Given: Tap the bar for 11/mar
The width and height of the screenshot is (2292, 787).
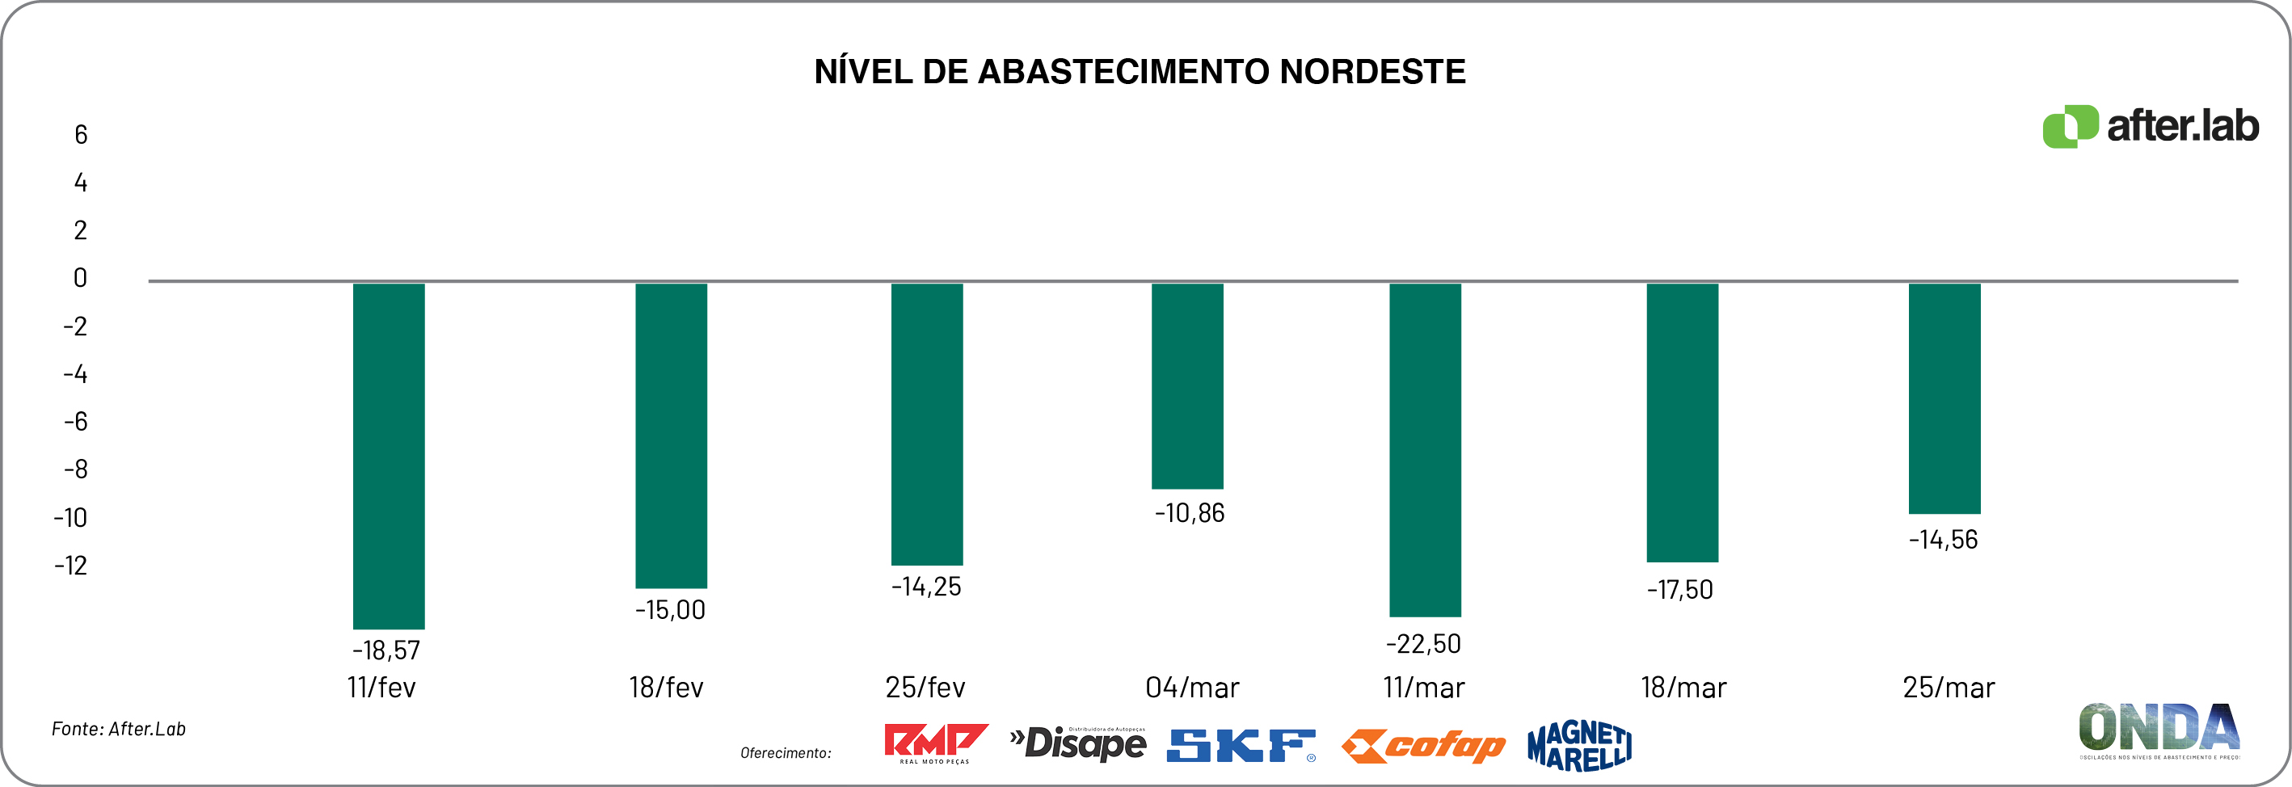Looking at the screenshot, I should point(1425,449).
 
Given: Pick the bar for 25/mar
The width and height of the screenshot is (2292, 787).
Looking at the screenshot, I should point(1944,398).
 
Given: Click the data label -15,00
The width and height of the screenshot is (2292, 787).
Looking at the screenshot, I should point(670,610).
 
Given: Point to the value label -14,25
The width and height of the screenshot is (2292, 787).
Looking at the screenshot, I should point(926,587).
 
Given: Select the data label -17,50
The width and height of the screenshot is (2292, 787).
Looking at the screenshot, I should point(1680,590).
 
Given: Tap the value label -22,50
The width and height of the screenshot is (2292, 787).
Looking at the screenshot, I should point(1423,644).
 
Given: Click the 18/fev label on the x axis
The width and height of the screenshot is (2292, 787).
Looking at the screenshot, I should point(667,688).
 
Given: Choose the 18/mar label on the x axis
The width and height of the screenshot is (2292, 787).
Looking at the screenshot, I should point(1683,688).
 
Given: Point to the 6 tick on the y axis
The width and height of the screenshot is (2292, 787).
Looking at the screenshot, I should point(81,135).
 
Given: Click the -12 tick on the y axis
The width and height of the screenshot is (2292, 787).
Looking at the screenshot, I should point(71,566).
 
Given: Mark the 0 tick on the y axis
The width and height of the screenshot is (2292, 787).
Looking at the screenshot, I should point(80,278).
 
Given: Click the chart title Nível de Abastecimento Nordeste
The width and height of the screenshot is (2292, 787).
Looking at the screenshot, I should point(1140,72).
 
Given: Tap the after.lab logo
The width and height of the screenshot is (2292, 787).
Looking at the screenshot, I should point(2150,126).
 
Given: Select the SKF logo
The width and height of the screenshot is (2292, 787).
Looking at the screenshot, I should point(1241,745).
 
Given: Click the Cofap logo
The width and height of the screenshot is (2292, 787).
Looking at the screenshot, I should point(1422,746).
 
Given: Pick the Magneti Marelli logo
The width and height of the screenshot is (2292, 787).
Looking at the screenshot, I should point(1579,745).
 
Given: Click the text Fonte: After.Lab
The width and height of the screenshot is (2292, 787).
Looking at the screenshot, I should point(118,729).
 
